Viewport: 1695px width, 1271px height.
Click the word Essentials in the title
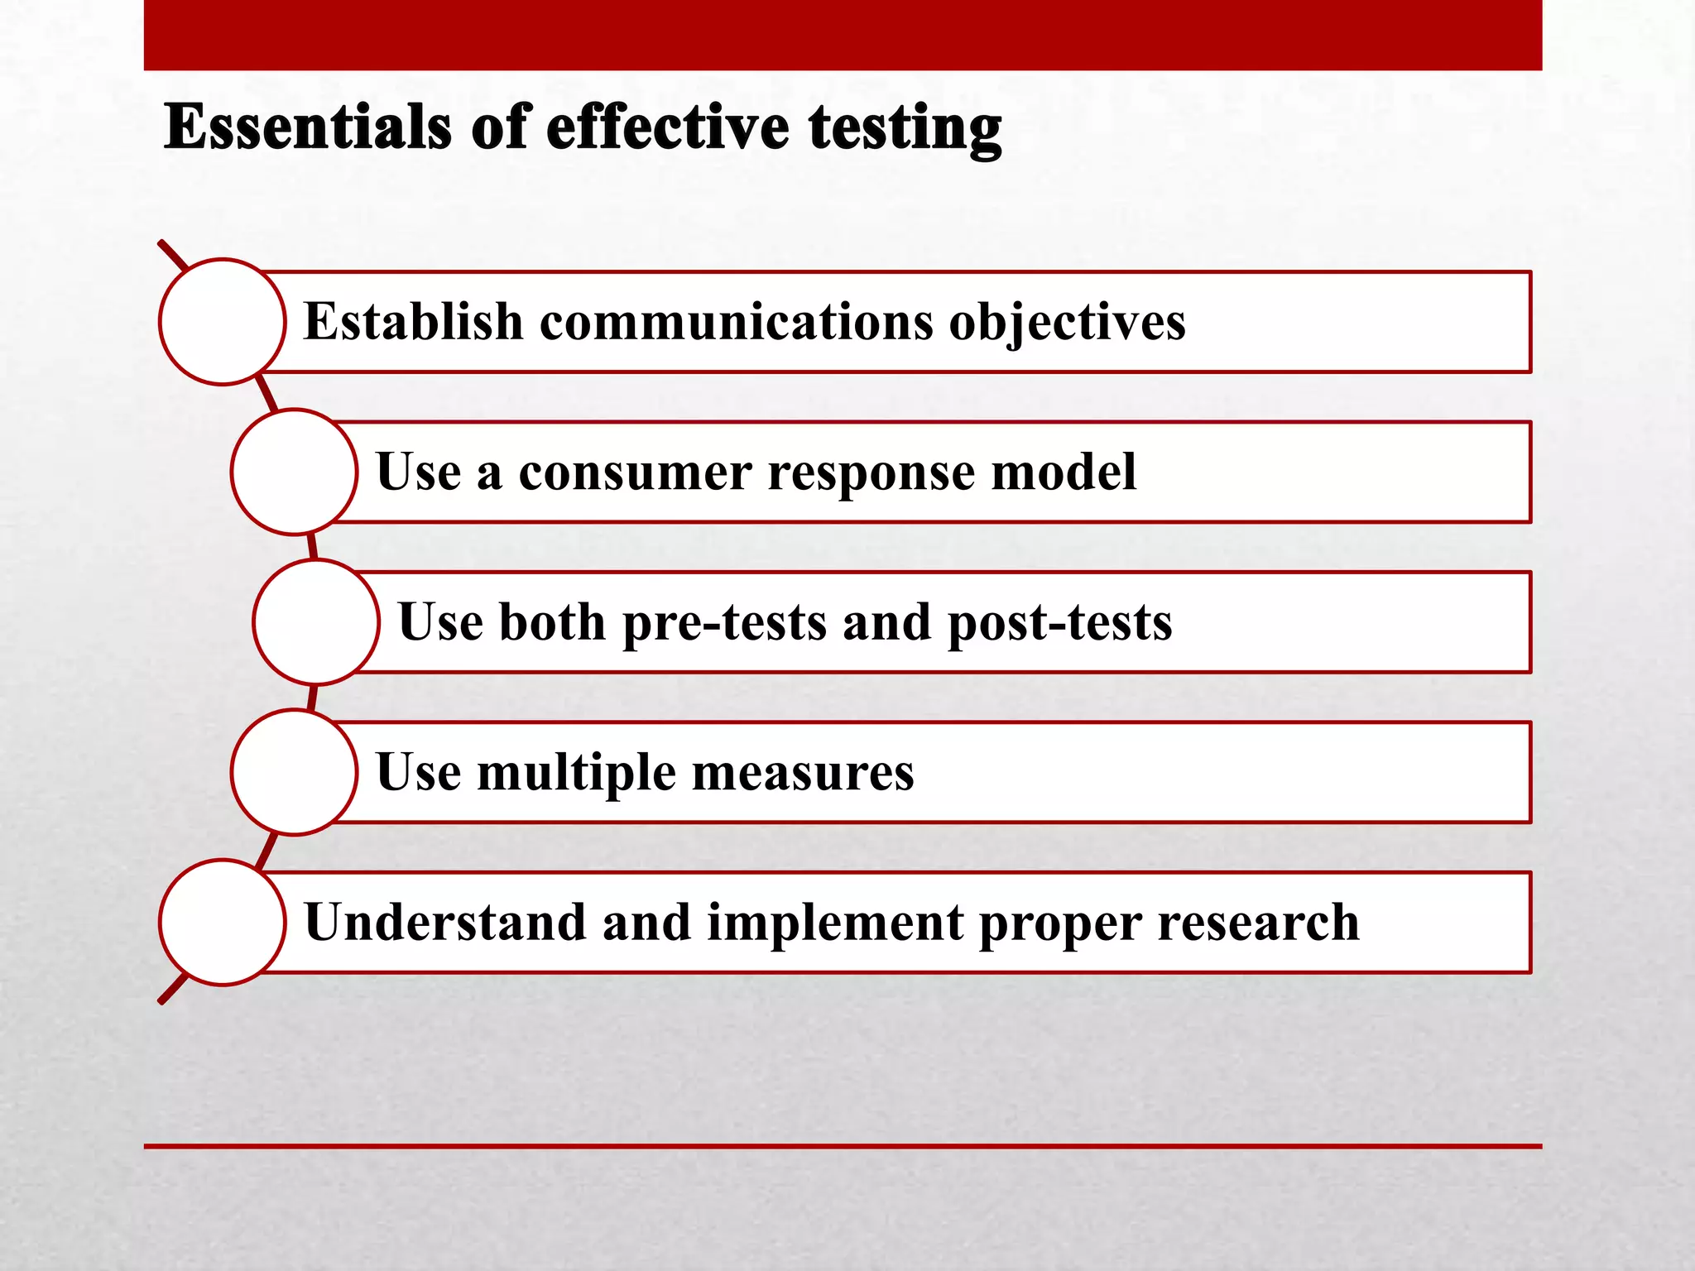[308, 127]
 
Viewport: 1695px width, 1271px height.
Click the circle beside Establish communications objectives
[223, 322]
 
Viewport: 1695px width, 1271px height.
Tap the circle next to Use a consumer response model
[294, 472]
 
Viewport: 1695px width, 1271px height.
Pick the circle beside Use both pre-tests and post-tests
[316, 622]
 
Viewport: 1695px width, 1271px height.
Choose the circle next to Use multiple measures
[294, 772]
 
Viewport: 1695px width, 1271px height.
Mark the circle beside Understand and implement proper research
[223, 922]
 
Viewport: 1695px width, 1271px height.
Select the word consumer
[635, 473]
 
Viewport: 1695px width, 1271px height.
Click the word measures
[803, 773]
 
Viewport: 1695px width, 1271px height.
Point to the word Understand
[444, 922]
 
